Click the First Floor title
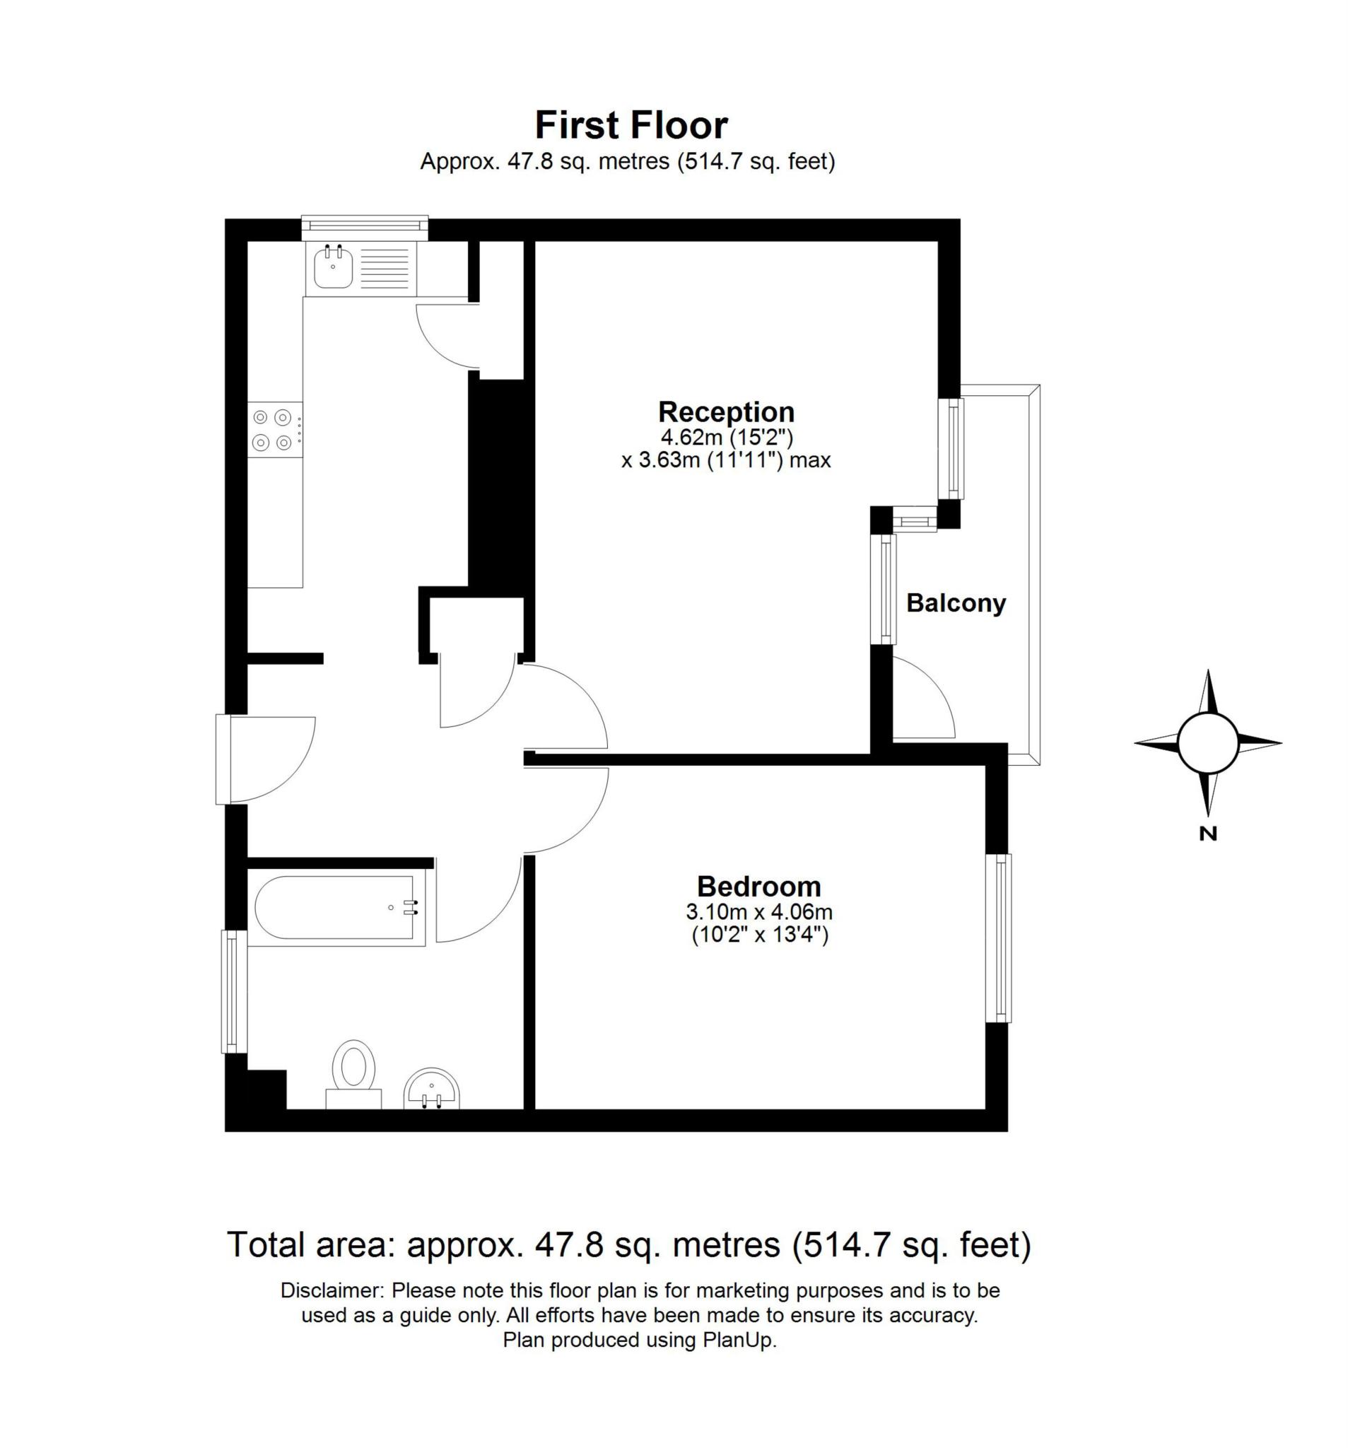click(x=631, y=125)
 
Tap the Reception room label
click(x=725, y=412)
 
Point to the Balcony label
click(x=956, y=603)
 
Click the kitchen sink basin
click(x=334, y=267)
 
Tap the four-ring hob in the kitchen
click(x=273, y=430)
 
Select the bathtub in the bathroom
click(x=336, y=908)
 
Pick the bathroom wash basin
click(x=432, y=1088)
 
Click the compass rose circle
click(x=1207, y=743)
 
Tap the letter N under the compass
click(x=1207, y=834)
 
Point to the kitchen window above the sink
click(x=364, y=226)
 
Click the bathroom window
click(x=230, y=991)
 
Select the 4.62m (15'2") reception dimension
click(x=725, y=438)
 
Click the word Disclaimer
click(x=331, y=1290)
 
